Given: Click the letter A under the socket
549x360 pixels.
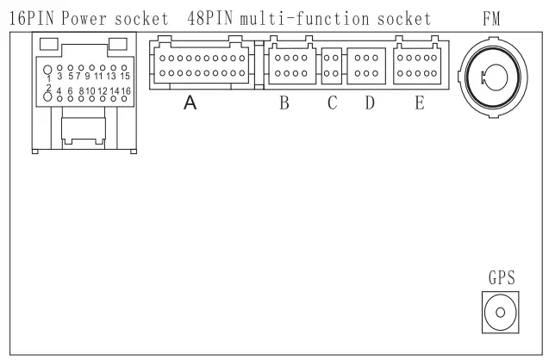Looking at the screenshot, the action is click(x=190, y=102).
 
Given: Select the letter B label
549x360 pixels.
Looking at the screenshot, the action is click(x=284, y=102).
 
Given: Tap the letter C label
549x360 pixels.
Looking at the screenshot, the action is click(x=333, y=102).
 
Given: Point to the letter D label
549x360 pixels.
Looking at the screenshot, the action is click(x=370, y=102).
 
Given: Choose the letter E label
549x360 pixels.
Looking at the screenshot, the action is click(x=420, y=102).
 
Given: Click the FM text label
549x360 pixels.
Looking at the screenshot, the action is click(x=491, y=19).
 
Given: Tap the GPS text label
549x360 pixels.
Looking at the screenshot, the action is click(x=502, y=278).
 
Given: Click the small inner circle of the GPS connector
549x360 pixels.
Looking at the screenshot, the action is click(x=501, y=312).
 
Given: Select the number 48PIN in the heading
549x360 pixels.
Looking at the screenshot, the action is click(x=210, y=19).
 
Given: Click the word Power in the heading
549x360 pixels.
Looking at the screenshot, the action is click(x=84, y=19).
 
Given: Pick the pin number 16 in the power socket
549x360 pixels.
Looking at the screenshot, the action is click(x=126, y=91).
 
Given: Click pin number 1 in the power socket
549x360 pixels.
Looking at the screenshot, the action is click(x=49, y=78).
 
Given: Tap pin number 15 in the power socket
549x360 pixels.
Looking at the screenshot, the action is click(x=125, y=76).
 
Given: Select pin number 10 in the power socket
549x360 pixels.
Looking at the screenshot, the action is click(x=90, y=91).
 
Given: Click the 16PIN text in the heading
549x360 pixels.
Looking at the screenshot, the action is click(x=32, y=19).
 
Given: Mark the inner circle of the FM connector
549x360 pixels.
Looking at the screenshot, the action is click(x=496, y=78).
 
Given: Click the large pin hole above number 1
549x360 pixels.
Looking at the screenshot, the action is click(x=47, y=70).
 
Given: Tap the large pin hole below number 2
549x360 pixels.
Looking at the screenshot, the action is click(x=47, y=97).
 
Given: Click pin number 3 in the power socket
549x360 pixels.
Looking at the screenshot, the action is click(x=59, y=76).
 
